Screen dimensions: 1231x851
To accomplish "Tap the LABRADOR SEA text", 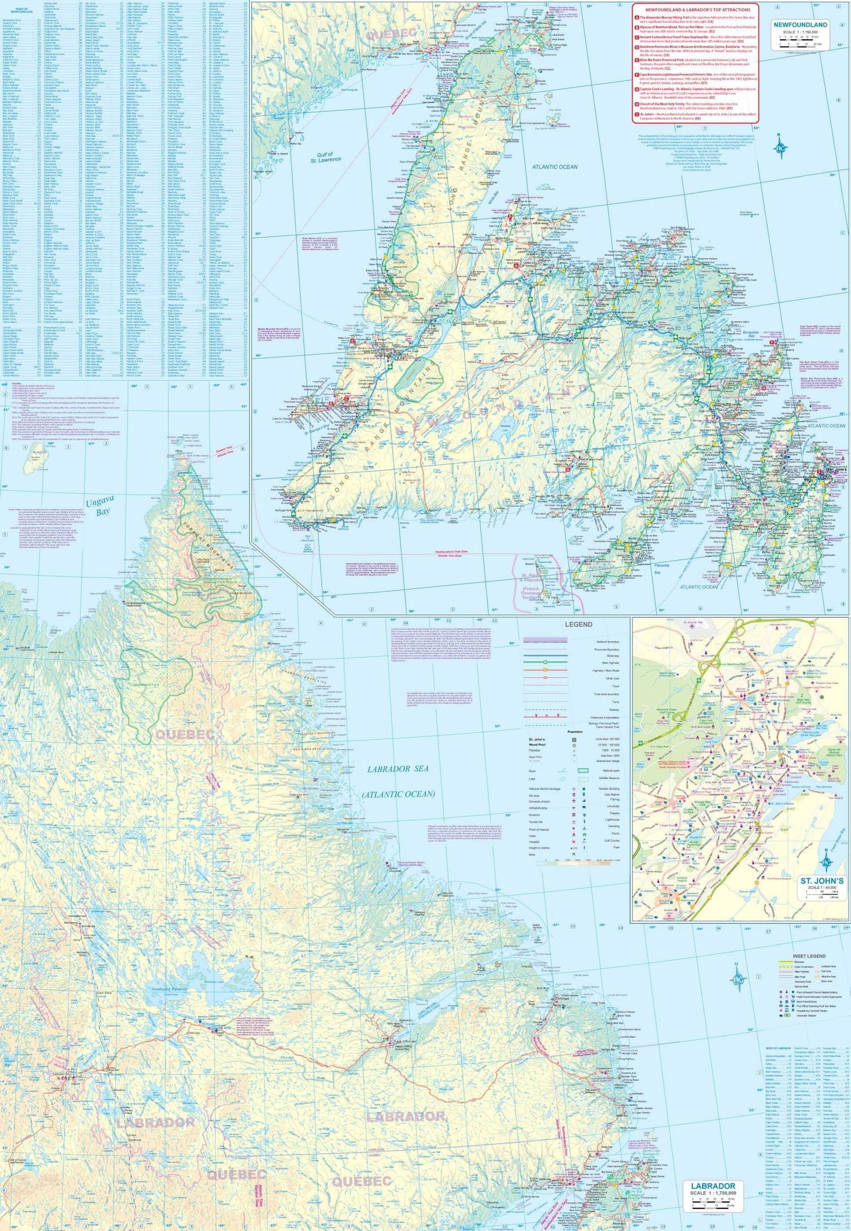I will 398,769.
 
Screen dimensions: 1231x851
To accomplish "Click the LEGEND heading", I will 578,625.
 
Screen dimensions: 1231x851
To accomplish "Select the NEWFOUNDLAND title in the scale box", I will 800,25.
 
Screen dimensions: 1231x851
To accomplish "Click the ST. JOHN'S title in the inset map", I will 821,881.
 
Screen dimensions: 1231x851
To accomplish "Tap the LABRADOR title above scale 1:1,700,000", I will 713,1186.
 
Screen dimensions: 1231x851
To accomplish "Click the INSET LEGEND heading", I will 809,956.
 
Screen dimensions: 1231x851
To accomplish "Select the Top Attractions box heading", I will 695,10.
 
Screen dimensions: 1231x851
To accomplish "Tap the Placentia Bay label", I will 661,568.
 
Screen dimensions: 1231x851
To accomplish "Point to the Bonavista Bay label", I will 751,334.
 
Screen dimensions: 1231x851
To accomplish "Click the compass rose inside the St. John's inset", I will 827,863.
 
